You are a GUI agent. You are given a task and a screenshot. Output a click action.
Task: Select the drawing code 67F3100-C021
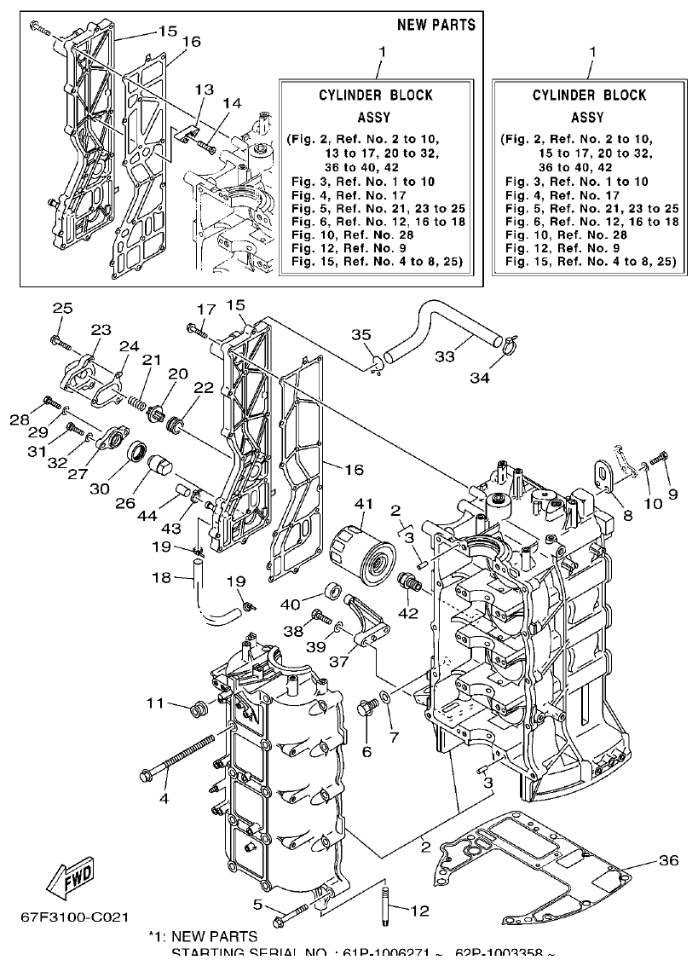pyautogui.click(x=75, y=917)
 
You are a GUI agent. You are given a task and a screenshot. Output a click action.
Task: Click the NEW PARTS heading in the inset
pyautogui.click(x=436, y=25)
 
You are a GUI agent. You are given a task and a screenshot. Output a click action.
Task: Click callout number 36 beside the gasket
pyautogui.click(x=669, y=860)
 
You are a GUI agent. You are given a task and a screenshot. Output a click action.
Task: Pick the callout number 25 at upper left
pyautogui.click(x=62, y=308)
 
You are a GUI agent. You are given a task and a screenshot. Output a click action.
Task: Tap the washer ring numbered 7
pyautogui.click(x=386, y=697)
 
